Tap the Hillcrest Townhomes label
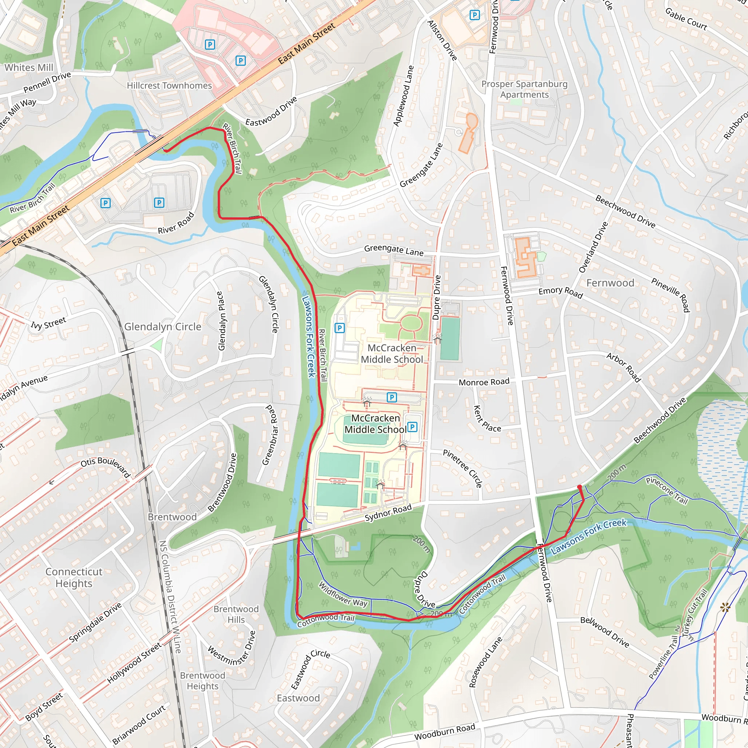(169, 85)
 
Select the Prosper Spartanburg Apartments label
(524, 89)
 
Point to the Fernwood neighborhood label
(610, 283)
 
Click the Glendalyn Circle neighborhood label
(163, 327)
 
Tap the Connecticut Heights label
(73, 577)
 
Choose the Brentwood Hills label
(236, 614)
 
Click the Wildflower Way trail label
(343, 595)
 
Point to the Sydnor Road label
(388, 513)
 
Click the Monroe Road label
(484, 382)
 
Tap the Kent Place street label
(487, 419)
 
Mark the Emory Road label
(561, 292)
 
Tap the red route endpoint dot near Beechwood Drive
(579, 486)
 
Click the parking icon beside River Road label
(159, 202)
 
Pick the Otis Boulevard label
(105, 466)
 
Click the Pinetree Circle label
(463, 469)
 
